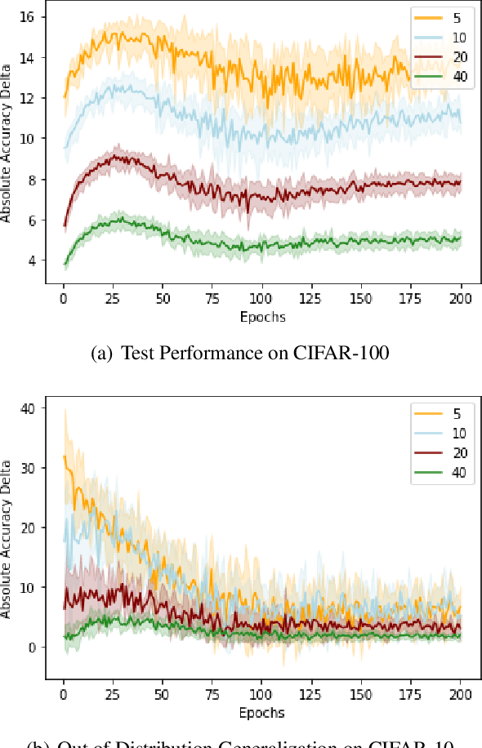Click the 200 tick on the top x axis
[x=461, y=299]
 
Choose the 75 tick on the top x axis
[x=212, y=299]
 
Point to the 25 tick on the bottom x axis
[x=113, y=696]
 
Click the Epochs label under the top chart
[x=262, y=316]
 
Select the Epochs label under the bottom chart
[x=262, y=713]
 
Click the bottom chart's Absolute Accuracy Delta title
[x=7, y=539]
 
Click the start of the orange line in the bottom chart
[x=64, y=456]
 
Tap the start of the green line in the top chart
[x=64, y=264]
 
